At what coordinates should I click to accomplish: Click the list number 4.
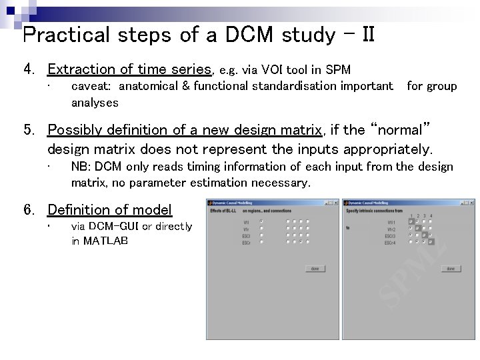(28, 69)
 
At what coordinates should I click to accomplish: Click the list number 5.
(28, 131)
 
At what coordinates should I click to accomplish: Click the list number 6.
(28, 211)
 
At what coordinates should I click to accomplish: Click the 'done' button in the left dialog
(315, 269)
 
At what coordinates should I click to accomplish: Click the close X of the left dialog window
(335, 202)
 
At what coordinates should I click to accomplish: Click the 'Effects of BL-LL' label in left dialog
(225, 211)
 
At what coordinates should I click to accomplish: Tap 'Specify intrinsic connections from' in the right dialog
(375, 211)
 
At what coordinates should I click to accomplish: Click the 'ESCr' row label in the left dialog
(246, 242)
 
